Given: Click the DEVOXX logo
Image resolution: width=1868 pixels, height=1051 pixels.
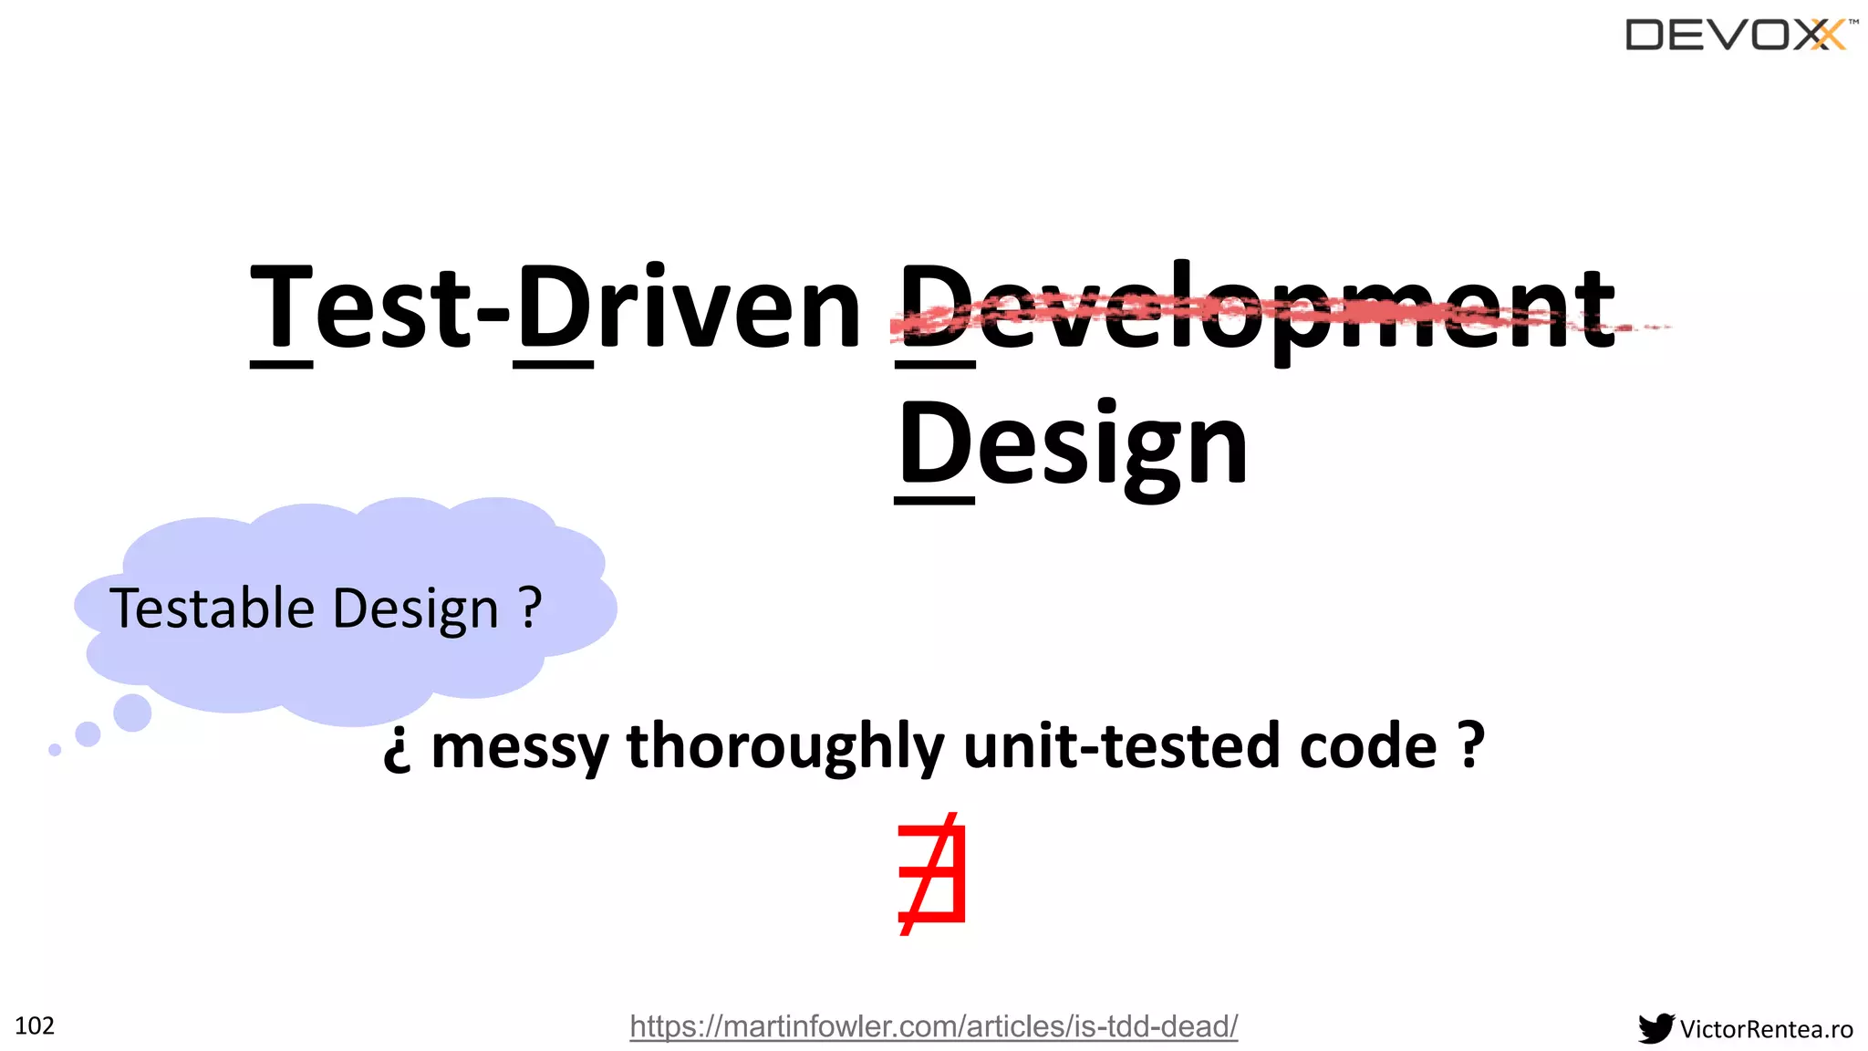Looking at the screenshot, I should click(1739, 36).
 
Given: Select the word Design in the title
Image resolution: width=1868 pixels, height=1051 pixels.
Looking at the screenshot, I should click(1073, 446).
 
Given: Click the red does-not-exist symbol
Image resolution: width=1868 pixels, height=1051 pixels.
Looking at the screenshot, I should click(932, 874).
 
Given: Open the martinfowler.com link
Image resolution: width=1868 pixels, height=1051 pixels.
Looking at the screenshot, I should click(933, 1026).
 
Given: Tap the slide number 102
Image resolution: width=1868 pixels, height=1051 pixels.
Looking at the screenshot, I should click(35, 1026).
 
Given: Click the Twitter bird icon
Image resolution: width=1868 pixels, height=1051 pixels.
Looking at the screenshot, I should click(1655, 1028).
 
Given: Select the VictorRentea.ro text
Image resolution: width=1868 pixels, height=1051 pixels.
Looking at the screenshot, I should click(1766, 1029).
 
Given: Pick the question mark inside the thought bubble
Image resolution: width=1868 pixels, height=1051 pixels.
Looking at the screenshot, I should click(530, 607).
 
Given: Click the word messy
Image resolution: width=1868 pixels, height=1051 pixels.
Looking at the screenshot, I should click(519, 747).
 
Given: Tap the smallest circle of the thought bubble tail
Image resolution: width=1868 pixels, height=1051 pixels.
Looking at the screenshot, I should click(55, 750).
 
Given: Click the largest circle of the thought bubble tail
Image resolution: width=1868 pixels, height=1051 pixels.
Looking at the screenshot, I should click(132, 713).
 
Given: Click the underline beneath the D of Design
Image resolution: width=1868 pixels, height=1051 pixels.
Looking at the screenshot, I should click(934, 500).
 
